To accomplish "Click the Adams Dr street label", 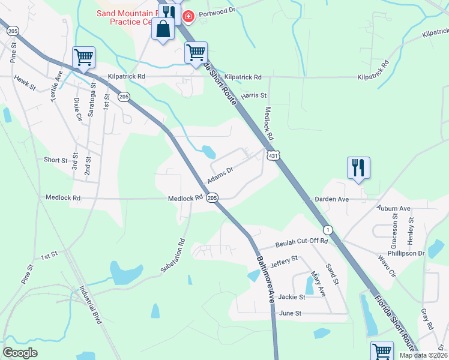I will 220,175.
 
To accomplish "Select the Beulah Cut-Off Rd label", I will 301,243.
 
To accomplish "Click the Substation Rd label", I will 175,256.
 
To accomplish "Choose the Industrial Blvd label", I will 90,305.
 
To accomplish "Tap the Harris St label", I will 253,95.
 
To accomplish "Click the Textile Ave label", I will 57,86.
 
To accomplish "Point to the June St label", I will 290,313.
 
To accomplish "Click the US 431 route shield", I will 273,156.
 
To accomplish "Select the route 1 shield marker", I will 327,230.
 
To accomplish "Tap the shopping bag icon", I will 163,28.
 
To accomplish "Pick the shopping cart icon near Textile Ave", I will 83,58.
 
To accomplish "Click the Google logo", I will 20,353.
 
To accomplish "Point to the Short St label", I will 56,160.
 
